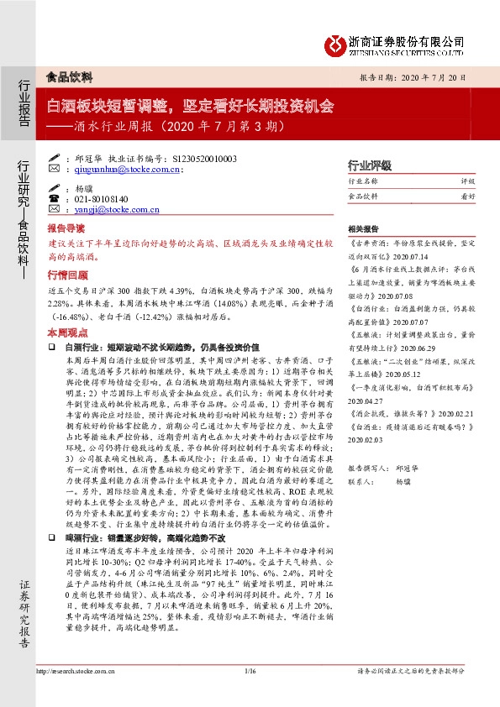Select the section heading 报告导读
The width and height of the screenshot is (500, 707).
click(x=66, y=229)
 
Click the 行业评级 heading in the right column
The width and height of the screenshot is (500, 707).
click(x=370, y=165)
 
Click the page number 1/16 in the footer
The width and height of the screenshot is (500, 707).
click(x=249, y=671)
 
